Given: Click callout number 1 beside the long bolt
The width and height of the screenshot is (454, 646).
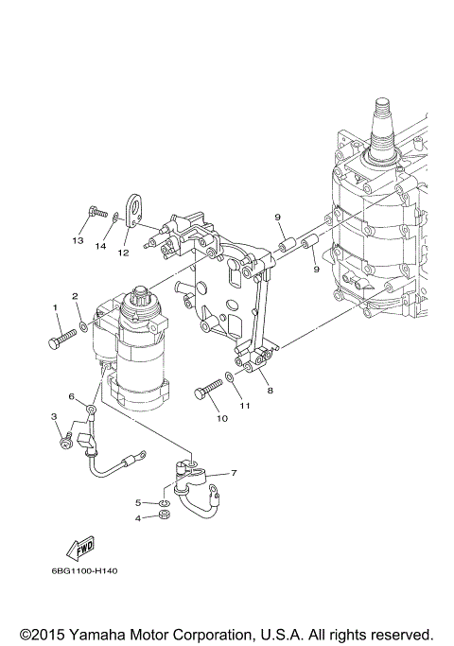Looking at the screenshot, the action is [x=54, y=307].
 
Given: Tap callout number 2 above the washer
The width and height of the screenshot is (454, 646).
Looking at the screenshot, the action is [x=75, y=296].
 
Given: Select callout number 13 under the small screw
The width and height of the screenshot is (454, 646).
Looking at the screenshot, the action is [x=78, y=240].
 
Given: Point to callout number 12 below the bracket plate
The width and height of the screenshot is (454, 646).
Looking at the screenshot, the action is [x=123, y=253].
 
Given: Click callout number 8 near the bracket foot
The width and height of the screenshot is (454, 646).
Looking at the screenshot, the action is [x=270, y=391].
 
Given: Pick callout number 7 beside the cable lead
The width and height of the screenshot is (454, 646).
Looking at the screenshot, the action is [x=234, y=473].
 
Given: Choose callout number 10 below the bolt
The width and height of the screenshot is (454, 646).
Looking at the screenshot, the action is [x=222, y=418].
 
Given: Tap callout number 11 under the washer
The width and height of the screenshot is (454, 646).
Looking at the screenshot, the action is [x=245, y=406].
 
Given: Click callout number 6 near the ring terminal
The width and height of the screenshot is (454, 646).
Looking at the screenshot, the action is [x=72, y=396].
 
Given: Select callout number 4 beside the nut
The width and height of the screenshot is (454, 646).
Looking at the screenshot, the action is [x=138, y=518].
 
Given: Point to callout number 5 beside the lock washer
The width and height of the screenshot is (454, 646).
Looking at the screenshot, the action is [x=138, y=502].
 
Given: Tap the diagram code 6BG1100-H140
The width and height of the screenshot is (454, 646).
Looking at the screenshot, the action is [x=84, y=570].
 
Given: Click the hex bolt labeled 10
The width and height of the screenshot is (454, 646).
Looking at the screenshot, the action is [x=208, y=389].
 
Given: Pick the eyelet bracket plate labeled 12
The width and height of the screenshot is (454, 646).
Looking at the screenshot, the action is [x=133, y=210].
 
